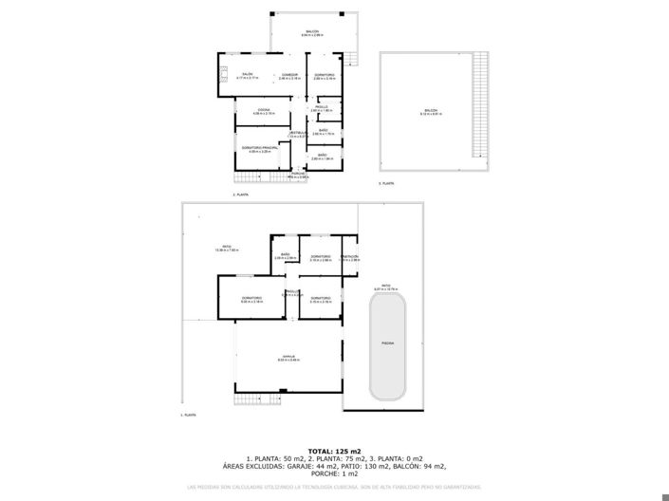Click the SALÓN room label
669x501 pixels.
coord(247,74)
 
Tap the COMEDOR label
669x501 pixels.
coord(290,74)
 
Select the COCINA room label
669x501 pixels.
coord(264,111)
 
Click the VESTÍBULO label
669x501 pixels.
coord(298,132)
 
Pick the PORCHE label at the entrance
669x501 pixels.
coord(298,174)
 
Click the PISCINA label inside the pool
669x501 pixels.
coord(387,342)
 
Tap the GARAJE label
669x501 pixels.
coord(288,356)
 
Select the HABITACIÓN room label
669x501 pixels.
coord(349,257)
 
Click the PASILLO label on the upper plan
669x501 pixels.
coord(323,107)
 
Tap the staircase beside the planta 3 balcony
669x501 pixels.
coord(480,104)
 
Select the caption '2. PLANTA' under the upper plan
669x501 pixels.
coord(241,194)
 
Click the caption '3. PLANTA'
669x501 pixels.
coord(386,182)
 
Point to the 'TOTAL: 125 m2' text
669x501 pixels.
coord(334,450)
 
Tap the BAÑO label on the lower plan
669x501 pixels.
coord(284,253)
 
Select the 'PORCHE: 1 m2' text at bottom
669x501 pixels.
coord(334,473)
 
